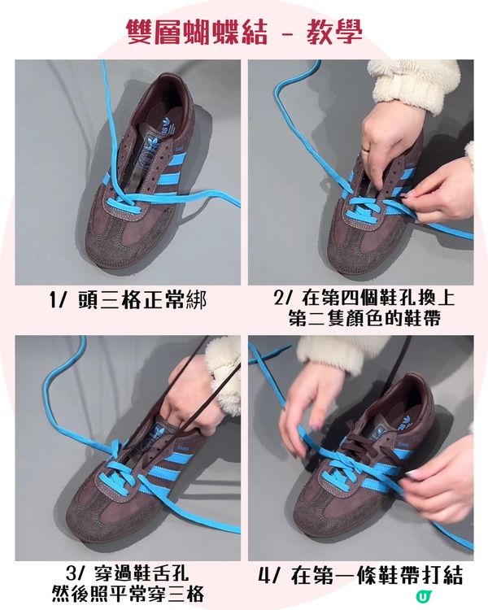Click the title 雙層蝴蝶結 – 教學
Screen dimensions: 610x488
[x=244, y=31]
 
